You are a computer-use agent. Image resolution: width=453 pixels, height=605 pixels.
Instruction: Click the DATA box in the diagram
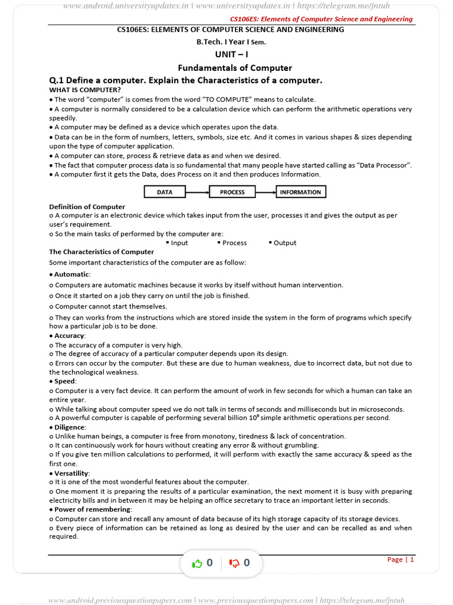coord(165,192)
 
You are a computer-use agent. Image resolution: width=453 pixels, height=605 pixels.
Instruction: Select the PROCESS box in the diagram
coord(232,192)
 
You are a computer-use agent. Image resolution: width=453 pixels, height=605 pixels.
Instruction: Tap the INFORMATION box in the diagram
coord(300,192)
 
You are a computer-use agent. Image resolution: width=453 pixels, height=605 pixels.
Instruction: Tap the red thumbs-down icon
coord(234,563)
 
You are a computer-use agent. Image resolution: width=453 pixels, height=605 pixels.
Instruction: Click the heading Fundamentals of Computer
coord(235,68)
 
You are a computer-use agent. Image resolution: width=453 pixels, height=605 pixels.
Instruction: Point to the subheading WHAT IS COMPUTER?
coord(85,90)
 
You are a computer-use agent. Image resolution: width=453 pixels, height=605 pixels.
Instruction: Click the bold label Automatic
coord(72,274)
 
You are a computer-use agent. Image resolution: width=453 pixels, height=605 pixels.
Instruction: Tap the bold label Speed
coord(65,381)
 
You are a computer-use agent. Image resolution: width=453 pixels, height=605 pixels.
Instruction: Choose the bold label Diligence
coord(70,427)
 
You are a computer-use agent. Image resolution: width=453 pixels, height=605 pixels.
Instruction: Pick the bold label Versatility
coord(72,473)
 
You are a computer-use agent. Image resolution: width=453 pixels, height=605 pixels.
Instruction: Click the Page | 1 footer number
coord(401,560)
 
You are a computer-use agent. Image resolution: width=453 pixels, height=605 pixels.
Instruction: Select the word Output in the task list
coord(285,243)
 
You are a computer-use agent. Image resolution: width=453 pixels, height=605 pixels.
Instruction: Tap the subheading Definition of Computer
coord(87,207)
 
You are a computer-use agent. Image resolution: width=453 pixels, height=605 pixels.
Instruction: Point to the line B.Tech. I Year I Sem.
coord(231,42)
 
